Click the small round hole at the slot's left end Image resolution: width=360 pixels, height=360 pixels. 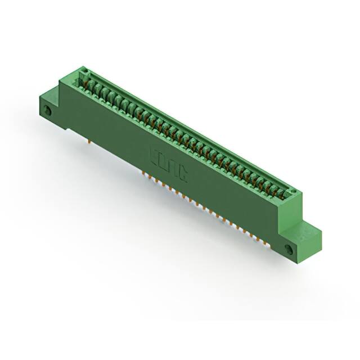coord(84,71)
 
